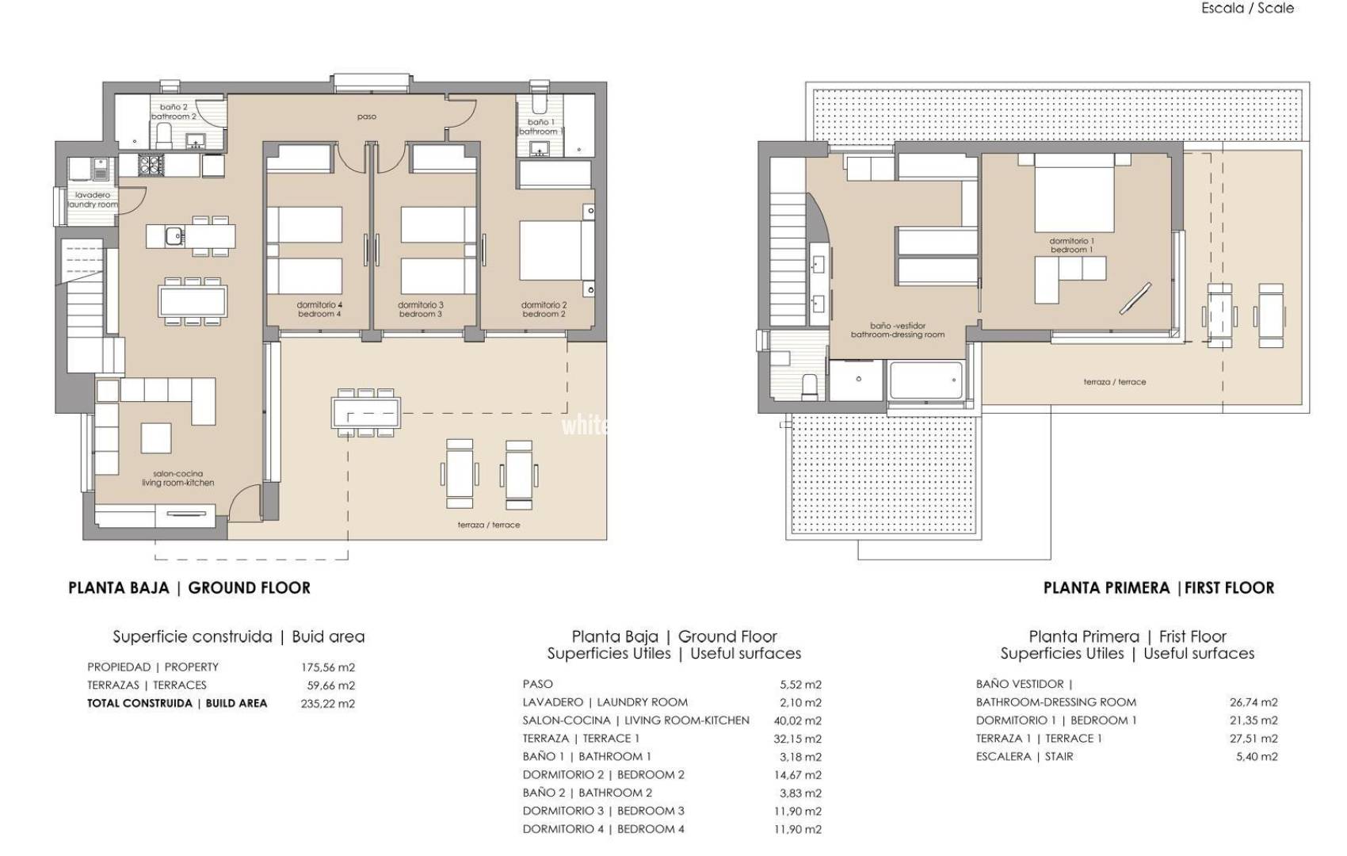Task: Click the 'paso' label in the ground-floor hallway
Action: [x=366, y=117]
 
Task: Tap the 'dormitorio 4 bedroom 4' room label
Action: [x=319, y=309]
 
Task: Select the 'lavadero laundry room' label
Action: [x=93, y=200]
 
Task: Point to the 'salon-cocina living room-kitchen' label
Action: [x=177, y=478]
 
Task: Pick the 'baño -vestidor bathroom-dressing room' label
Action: [x=897, y=330]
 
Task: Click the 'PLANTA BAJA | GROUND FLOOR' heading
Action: [x=189, y=587]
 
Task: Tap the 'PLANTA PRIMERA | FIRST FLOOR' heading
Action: [x=1158, y=587]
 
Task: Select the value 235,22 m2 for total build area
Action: [x=328, y=703]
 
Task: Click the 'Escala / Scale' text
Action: [x=1247, y=8]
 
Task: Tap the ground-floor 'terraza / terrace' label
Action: [x=488, y=525]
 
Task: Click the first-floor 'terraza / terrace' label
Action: [x=1114, y=382]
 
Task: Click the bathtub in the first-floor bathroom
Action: [x=925, y=380]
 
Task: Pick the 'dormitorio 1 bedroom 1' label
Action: [x=1071, y=245]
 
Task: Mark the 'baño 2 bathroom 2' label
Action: [x=174, y=112]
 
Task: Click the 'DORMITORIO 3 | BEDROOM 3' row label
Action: [x=603, y=810]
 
